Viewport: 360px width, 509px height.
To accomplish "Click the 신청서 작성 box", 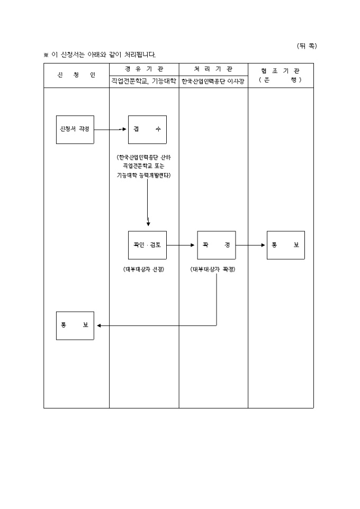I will point(75,129).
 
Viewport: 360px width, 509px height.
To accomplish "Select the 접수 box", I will point(147,129).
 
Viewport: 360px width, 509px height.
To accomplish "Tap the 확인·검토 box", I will point(147,245).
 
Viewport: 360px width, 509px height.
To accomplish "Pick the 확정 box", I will point(217,245).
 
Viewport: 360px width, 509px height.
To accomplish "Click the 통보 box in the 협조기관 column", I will point(286,245).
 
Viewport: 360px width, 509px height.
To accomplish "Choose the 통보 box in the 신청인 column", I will point(75,325).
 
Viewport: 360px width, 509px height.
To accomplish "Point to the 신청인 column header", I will point(76,75).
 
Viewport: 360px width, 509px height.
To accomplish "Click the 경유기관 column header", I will point(144,69).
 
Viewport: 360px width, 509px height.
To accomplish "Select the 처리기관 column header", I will point(213,69).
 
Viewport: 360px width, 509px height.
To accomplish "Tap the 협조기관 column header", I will point(281,70).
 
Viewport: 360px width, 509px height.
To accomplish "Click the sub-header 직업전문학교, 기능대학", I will point(144,81).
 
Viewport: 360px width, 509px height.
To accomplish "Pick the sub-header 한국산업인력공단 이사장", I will point(213,81).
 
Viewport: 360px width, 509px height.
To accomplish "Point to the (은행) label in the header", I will point(281,80).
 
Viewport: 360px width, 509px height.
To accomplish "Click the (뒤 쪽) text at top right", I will point(307,46).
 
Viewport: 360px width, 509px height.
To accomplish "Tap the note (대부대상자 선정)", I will point(144,269).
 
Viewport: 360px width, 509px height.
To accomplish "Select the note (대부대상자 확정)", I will point(213,269).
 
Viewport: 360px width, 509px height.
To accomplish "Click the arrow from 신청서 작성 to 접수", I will point(111,129).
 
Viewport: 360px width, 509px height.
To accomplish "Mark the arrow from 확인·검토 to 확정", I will point(182,245).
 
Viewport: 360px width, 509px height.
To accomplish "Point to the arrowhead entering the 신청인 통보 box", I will point(98,325).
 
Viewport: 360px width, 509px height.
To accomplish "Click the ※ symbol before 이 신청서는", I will point(46,55).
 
